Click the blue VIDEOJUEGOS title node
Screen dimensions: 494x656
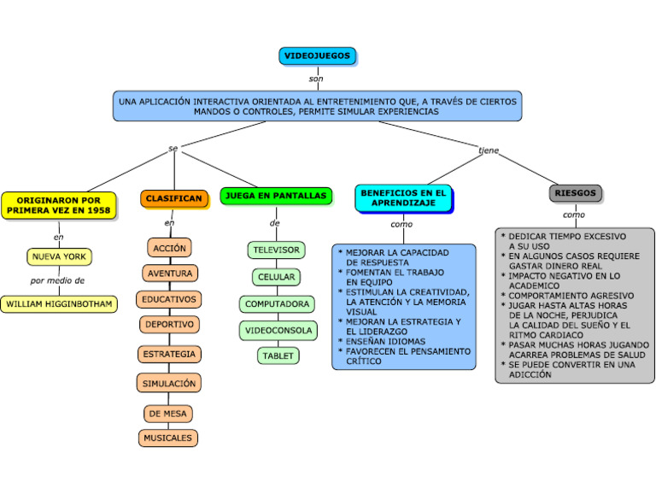pos(317,56)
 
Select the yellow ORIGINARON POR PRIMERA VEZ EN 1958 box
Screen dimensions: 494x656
pos(58,205)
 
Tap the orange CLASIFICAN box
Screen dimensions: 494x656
pos(173,198)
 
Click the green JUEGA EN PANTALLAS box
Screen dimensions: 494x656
pos(275,196)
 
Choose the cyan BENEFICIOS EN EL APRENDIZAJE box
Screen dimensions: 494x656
pos(403,198)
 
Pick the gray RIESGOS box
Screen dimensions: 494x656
pos(575,193)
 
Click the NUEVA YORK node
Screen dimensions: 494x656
pos(59,256)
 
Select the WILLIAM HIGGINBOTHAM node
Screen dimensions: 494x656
pos(59,303)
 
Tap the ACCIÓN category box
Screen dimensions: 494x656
pos(169,248)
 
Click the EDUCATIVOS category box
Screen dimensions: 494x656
pos(169,299)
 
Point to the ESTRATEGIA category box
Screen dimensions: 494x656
pos(169,354)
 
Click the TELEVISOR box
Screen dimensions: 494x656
pos(276,250)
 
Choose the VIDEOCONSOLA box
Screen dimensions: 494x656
pos(278,330)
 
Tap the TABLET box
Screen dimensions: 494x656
pos(278,356)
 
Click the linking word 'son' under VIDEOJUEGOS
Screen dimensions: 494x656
pos(316,79)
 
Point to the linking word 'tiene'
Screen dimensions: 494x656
pos(489,150)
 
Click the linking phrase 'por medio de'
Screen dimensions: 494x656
pos(57,280)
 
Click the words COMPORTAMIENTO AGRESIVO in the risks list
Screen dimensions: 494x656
pos(571,295)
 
